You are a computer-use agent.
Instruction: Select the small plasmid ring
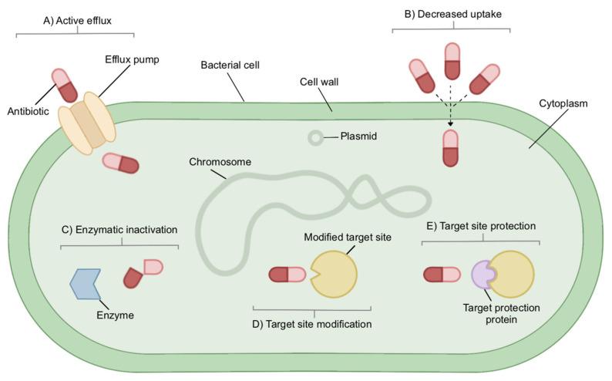(316, 138)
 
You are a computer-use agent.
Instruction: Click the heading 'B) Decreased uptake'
(450, 15)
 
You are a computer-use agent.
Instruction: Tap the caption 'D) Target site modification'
(312, 324)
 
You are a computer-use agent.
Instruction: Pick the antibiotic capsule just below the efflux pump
(120, 163)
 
